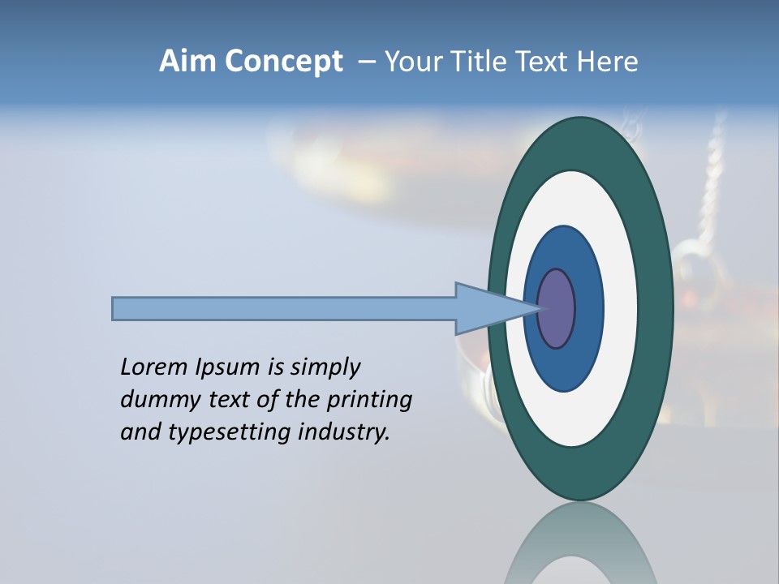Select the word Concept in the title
[283, 62]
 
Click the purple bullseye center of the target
[557, 309]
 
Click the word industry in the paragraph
[344, 432]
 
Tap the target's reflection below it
[581, 547]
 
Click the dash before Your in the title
[367, 62]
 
